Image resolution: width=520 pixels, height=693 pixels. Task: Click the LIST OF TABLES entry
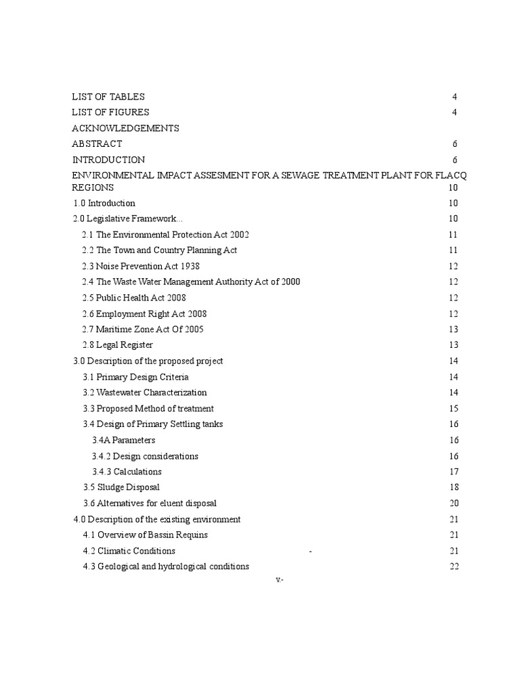pos(108,97)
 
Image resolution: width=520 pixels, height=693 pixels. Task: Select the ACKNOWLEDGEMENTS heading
pos(125,128)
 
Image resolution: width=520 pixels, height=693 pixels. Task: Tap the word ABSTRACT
pos(97,143)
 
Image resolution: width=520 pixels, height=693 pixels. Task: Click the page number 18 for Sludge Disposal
pos(454,487)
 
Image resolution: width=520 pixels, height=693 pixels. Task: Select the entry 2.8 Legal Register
pos(117,345)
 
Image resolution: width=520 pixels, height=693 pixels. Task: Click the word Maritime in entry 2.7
pos(113,330)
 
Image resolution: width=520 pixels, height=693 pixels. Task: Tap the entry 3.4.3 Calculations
pos(127,472)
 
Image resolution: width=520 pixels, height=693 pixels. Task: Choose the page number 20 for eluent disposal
pos(454,503)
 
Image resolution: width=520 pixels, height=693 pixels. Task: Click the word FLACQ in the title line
pos(451,175)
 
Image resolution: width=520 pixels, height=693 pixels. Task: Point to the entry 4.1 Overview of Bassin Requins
pos(145,535)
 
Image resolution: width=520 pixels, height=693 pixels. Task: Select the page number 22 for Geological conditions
pos(454,566)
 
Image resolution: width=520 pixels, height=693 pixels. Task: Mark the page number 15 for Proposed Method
pos(454,408)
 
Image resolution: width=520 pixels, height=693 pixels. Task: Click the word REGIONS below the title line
pos(93,187)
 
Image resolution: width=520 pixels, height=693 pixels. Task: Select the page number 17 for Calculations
pos(454,472)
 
